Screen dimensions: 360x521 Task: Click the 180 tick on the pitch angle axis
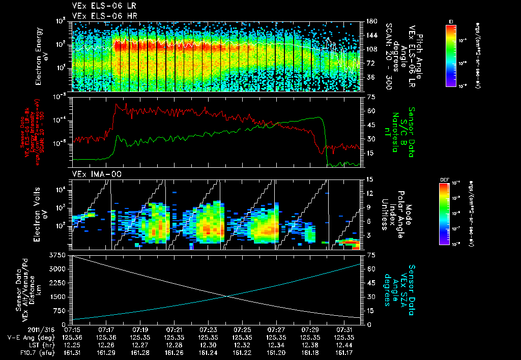coord(370,21)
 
